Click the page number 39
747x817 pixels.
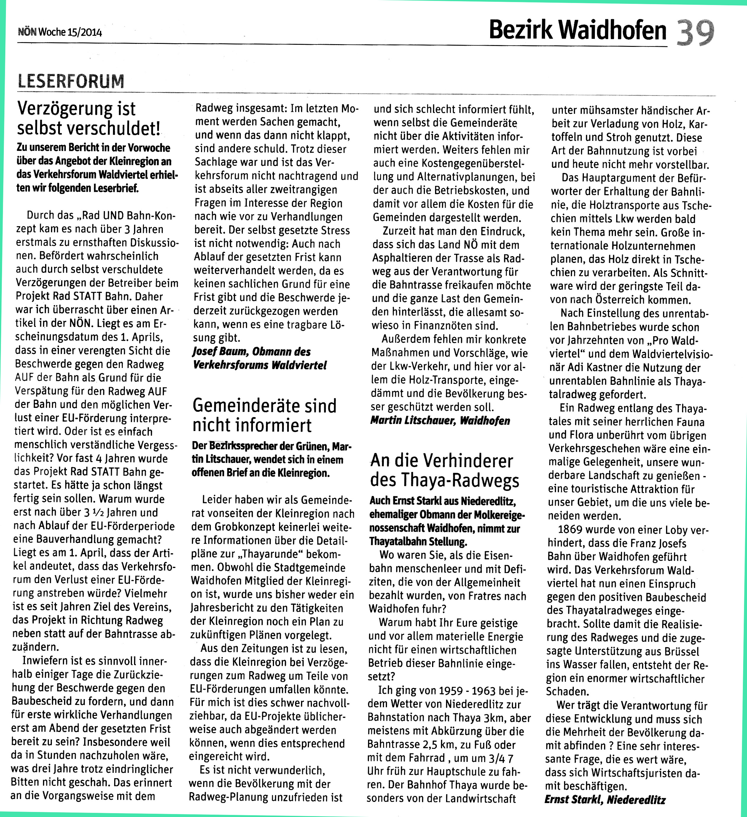coord(695,32)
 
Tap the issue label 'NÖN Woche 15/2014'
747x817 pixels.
coord(60,32)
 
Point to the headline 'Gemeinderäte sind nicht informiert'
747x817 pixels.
coord(264,415)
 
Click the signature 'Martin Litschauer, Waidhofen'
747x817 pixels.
coord(440,421)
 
